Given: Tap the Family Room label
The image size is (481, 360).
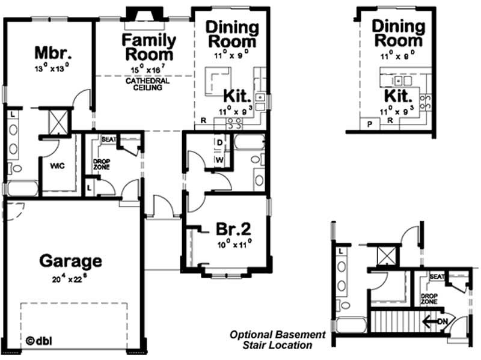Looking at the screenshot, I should click(149, 47).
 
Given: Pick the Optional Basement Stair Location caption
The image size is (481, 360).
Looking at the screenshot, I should click(278, 340).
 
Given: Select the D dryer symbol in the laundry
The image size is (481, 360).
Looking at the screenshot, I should click(219, 143).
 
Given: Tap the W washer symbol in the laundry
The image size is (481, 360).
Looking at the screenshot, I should click(219, 160).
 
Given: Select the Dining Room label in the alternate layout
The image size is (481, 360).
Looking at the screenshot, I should click(397, 33).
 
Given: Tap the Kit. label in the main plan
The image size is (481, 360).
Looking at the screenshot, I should click(237, 96).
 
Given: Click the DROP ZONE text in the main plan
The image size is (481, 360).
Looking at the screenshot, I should click(100, 164).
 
